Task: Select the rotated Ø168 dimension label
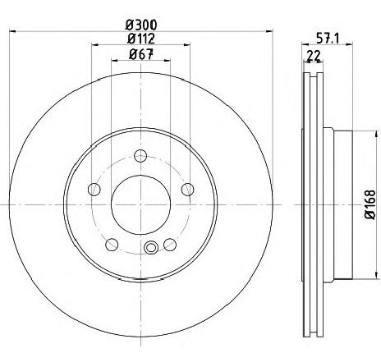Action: click(x=368, y=204)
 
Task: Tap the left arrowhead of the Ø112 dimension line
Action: click(x=93, y=48)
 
